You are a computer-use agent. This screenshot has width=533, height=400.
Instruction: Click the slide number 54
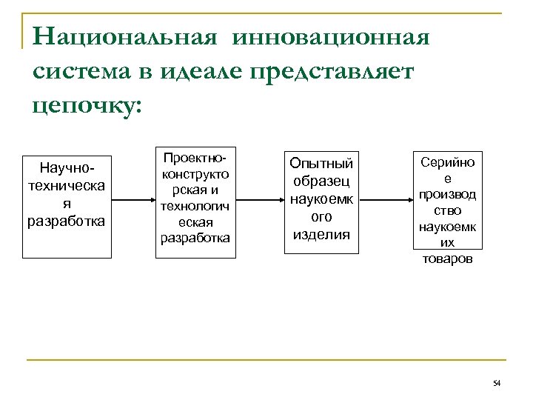(x=496, y=382)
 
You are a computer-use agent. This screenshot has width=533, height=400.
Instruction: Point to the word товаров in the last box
(x=446, y=260)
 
